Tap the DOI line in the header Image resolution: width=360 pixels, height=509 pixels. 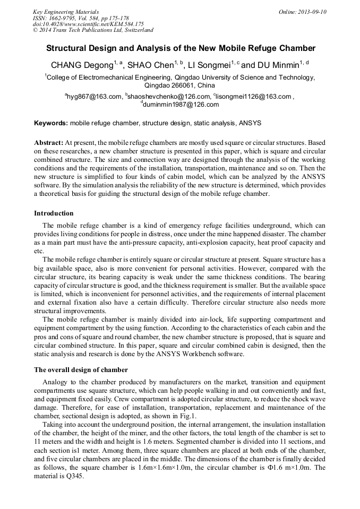(88, 24)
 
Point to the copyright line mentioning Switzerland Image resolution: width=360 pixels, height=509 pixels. (93, 30)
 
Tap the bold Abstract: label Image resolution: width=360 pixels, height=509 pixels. (48, 143)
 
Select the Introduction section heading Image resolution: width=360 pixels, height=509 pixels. (54, 213)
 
